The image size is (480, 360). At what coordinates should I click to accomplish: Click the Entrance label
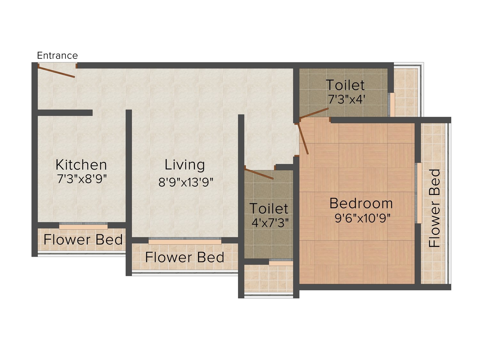coord(58,55)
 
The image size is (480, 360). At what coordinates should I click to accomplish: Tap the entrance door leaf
coord(56,72)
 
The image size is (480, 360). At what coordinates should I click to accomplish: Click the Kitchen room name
coord(81,165)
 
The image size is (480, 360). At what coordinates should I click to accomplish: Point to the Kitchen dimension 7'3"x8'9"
coord(82,179)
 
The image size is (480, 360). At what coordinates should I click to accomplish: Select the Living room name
coord(185,165)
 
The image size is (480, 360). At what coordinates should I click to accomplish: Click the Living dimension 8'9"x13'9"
coord(186,182)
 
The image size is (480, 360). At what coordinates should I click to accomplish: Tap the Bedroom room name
coord(361,204)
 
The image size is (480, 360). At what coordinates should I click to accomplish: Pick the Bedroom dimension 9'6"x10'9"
coord(363,218)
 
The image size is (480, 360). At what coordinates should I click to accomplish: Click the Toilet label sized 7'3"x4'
coord(345,85)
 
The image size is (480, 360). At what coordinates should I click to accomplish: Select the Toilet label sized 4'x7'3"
coord(269,209)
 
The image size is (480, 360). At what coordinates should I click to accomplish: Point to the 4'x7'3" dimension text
coord(270,223)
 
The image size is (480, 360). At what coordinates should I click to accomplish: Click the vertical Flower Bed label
coord(434,208)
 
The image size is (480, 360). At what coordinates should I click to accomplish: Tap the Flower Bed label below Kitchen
coord(83,240)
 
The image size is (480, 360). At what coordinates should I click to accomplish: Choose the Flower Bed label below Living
coord(185,257)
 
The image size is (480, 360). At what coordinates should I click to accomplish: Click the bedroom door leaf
coord(304,139)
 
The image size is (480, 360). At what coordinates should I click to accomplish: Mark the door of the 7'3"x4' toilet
coord(314,113)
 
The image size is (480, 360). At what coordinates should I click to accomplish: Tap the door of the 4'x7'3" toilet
coord(259,174)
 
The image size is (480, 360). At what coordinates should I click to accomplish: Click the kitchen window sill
coord(83,227)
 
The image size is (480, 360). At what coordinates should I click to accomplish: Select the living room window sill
coord(185,242)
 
